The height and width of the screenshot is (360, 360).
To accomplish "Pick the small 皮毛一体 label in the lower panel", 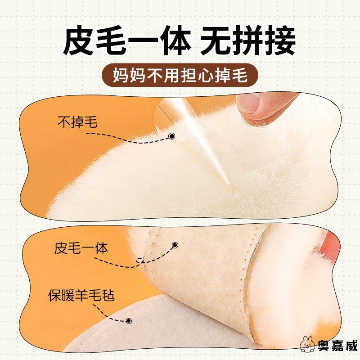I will click(x=81, y=248).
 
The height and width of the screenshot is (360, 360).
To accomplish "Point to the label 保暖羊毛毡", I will click(x=81, y=297).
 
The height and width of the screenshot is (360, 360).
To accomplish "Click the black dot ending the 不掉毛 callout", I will click(x=171, y=136).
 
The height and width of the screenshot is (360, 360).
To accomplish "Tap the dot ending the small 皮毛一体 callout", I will click(x=175, y=245).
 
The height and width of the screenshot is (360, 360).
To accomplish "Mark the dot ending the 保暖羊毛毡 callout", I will click(x=129, y=321).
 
